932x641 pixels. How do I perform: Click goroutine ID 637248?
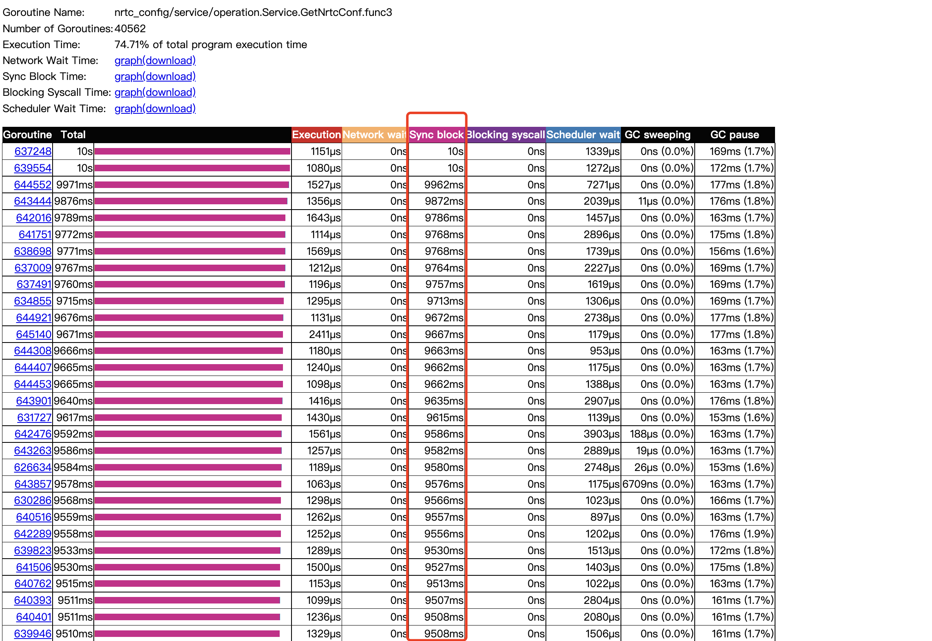(33, 151)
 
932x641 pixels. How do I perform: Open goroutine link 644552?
(33, 185)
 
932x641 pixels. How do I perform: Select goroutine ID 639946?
(33, 634)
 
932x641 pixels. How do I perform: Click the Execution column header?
(316, 135)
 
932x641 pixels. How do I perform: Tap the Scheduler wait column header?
(583, 135)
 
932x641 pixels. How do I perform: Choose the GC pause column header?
(735, 135)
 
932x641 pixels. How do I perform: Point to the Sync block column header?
(436, 135)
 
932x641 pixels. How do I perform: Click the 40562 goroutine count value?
(130, 29)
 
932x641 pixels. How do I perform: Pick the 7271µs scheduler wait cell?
(603, 185)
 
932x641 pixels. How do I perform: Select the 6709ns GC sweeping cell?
(658, 484)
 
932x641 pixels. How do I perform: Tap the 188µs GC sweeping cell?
(661, 434)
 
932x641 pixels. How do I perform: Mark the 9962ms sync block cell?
(444, 185)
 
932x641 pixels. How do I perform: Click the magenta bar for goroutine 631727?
(188, 418)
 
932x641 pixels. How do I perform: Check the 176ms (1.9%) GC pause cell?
(741, 534)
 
